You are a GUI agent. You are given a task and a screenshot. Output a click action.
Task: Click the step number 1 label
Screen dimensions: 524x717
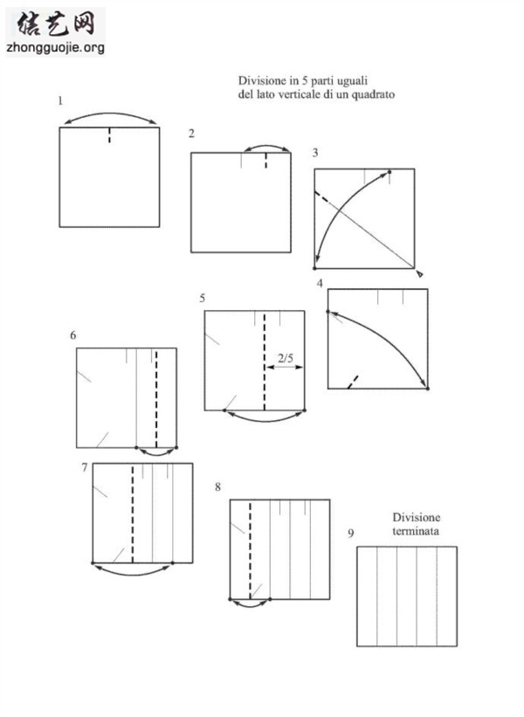tap(60, 100)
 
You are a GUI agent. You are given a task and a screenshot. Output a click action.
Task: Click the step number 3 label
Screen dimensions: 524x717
tap(315, 153)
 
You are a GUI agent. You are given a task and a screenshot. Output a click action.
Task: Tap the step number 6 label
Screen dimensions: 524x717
tap(72, 335)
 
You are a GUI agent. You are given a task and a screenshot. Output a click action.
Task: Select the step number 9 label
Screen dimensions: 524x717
tap(351, 534)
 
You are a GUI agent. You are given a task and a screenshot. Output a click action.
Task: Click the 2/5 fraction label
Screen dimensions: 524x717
tap(286, 357)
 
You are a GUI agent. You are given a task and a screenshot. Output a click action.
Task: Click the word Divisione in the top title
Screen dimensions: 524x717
tap(261, 80)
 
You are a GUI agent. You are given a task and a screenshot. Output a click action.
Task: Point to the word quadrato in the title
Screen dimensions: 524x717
tap(373, 94)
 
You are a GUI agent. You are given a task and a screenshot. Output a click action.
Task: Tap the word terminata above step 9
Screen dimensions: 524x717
tap(416, 531)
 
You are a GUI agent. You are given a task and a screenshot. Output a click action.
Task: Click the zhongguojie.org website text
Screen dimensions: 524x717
tap(55, 47)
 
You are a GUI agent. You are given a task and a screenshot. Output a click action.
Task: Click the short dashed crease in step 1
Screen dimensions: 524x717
tap(109, 135)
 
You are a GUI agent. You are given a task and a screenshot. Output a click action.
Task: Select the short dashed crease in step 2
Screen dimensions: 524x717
tap(265, 161)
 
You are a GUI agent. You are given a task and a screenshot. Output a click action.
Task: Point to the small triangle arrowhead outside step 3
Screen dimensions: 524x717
tap(420, 273)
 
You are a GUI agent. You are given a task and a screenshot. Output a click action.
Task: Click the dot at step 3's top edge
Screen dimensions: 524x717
tap(390, 172)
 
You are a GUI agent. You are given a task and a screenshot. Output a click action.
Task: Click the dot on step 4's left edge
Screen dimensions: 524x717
tap(327, 312)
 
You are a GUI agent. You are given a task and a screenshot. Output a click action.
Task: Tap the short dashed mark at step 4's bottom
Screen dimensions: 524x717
tap(353, 383)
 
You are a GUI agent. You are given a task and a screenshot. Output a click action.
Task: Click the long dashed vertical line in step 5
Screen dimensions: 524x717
tap(265, 362)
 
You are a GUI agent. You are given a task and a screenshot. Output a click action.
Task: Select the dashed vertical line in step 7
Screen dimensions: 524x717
tap(133, 514)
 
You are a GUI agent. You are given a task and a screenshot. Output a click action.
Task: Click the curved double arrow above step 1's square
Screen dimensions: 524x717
tap(110, 114)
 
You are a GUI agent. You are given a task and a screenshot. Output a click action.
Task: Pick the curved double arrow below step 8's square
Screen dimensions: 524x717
tap(250, 605)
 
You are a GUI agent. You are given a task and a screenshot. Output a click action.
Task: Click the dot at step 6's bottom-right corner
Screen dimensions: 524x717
tap(176, 448)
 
